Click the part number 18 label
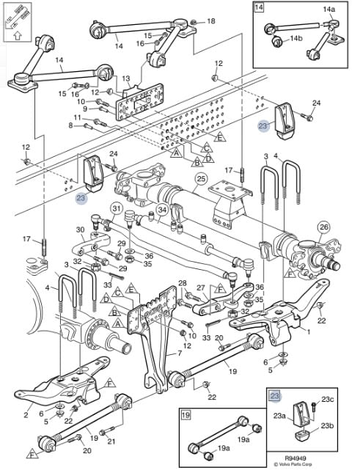coord(210,21)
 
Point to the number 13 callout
coord(125,79)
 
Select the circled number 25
coord(202,179)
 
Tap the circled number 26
coord(323,227)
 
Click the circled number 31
coord(117,209)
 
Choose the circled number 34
coord(162,209)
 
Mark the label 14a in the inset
coord(329,10)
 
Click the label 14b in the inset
coord(296,38)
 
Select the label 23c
coord(328,400)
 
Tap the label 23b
coord(327,425)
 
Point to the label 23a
coord(279,416)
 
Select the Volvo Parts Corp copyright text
coord(293,464)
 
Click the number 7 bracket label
coord(180,353)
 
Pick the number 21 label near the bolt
coord(111,441)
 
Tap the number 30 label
coord(80,230)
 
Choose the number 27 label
coord(201,287)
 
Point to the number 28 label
coord(183,283)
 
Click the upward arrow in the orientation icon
coord(18,36)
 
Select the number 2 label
coord(26,415)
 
